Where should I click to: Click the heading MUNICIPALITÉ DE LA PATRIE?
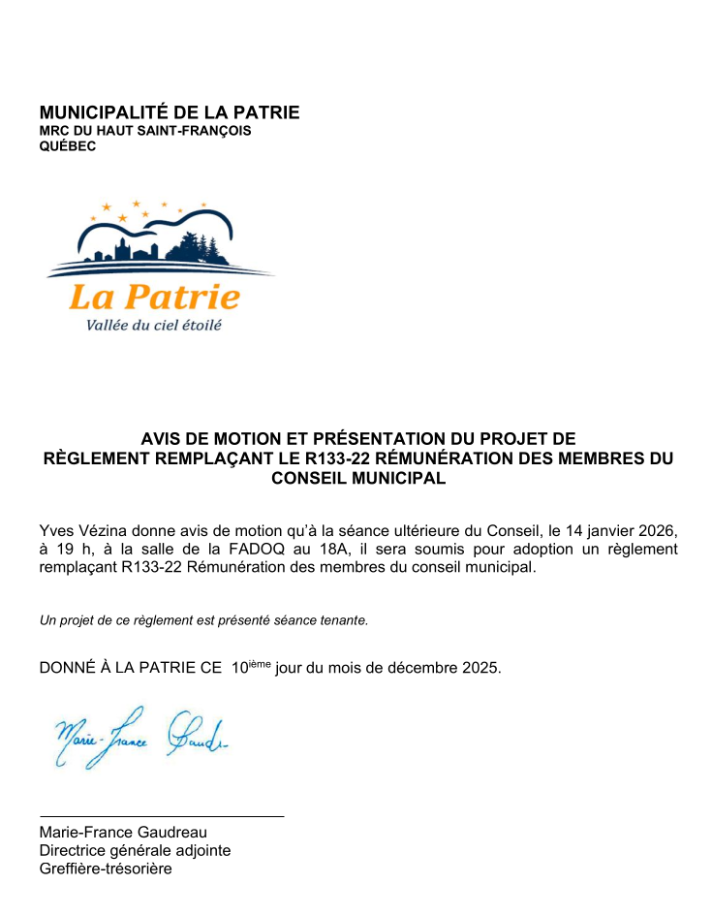[x=170, y=112]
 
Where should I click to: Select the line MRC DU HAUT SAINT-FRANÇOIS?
[x=145, y=131]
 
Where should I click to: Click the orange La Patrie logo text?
[x=155, y=296]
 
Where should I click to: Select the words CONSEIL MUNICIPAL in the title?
[x=358, y=478]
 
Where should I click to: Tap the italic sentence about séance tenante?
[x=203, y=620]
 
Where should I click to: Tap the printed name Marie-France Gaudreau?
[x=123, y=832]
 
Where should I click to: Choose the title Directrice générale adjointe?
[x=135, y=850]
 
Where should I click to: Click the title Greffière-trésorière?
[x=106, y=869]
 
